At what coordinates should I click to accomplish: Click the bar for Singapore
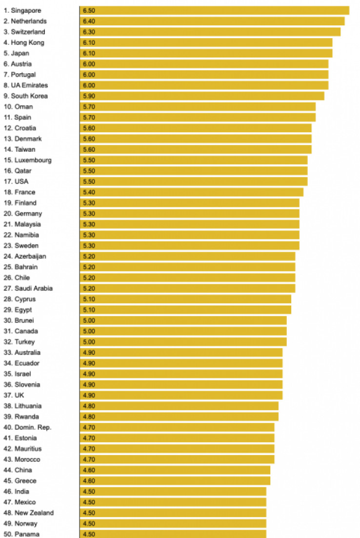215,10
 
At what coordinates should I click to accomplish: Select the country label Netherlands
25,21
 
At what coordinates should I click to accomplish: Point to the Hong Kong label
24,42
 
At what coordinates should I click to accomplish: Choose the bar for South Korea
202,96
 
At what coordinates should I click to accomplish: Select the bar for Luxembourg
194,160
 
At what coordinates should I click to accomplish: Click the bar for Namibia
189,235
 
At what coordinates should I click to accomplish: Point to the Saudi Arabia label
28,289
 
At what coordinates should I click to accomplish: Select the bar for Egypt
185,310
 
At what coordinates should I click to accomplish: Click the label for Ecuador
21,363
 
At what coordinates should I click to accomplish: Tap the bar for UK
181,395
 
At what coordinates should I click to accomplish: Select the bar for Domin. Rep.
177,427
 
